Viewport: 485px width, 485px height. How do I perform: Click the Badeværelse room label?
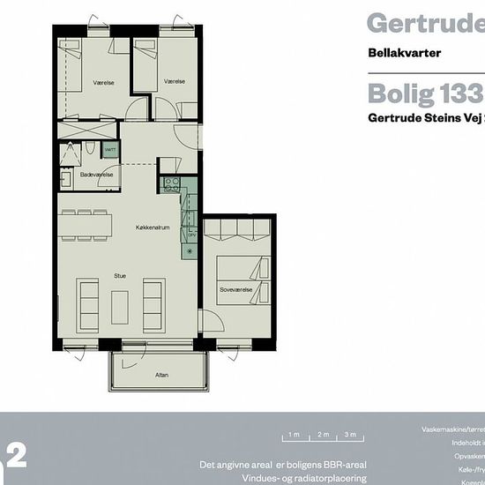point(96,175)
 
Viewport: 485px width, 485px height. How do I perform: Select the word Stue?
point(120,276)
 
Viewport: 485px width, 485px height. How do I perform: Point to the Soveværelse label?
point(237,289)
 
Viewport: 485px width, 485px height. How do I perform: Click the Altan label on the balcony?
point(161,375)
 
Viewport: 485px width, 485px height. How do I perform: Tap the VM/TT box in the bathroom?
point(109,151)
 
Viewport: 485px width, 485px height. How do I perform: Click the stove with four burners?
point(172,186)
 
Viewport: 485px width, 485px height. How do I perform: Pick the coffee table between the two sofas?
point(120,303)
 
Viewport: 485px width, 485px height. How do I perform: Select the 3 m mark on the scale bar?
point(351,435)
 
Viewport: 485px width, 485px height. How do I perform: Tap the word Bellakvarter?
point(404,52)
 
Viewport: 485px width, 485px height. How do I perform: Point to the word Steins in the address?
point(433,117)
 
